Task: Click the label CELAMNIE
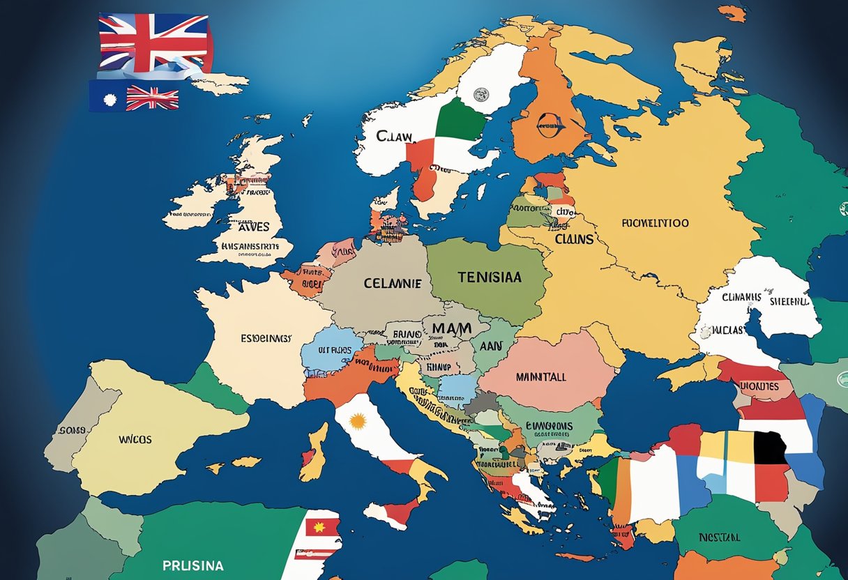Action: pos(391,284)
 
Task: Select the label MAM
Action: pos(452,328)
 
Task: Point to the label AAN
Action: pos(491,344)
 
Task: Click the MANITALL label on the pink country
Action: pos(540,376)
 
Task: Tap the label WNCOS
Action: pos(135,440)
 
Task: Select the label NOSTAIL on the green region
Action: pos(720,538)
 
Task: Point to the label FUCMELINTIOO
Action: pos(655,224)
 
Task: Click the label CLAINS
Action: pos(574,239)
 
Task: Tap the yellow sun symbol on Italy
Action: pos(358,421)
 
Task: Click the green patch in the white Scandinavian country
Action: pos(460,119)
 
